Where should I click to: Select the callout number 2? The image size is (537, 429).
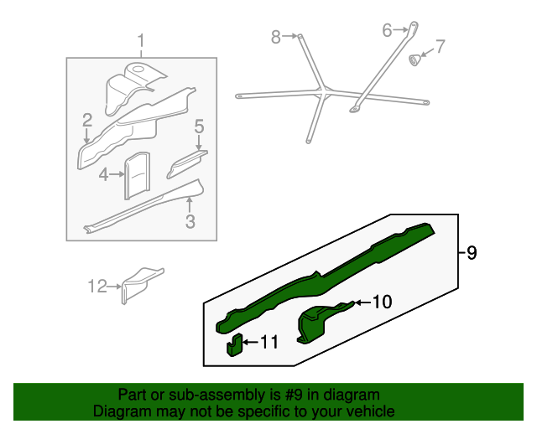(87, 120)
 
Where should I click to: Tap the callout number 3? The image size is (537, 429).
(190, 221)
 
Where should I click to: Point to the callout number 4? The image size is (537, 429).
(104, 175)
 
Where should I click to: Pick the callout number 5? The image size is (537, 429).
(200, 127)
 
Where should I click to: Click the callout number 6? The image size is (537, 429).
(387, 30)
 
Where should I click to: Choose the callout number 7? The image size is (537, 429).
(440, 46)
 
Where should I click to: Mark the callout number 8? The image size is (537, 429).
(276, 37)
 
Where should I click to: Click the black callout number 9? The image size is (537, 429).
(472, 253)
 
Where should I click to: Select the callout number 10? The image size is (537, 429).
(382, 302)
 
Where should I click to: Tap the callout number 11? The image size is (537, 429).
(269, 342)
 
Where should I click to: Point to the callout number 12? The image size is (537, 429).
(97, 286)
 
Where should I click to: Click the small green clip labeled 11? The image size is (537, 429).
(234, 345)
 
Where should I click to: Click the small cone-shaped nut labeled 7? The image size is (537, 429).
(414, 59)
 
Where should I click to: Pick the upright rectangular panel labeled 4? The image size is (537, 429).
(137, 175)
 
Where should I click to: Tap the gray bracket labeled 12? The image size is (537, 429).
(141, 284)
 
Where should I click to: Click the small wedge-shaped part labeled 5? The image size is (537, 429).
(186, 164)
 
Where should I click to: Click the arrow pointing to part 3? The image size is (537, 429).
(190, 205)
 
